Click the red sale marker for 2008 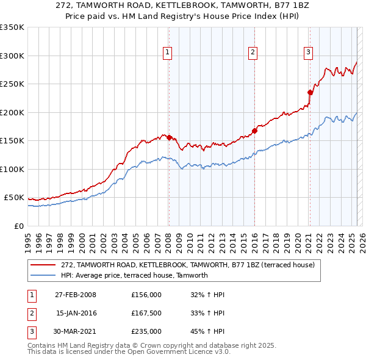point(169,137)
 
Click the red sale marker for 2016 point(254,131)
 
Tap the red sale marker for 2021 point(310,92)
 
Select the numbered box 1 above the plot point(167,53)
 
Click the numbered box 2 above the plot point(252,53)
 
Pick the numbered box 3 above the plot point(309,53)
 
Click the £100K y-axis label point(12,169)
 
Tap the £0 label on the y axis point(18,226)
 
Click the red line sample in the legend point(44,265)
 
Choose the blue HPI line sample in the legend point(44,275)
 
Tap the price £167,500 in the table point(146,313)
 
